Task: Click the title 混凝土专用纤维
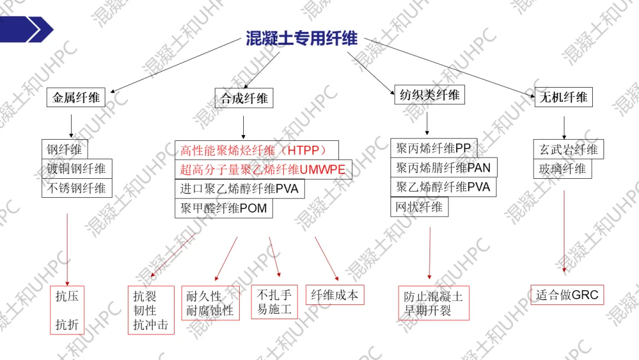pyautogui.click(x=302, y=38)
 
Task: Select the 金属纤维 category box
pyautogui.click(x=76, y=97)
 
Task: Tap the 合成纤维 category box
pyautogui.click(x=244, y=98)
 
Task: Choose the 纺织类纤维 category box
pyautogui.click(x=429, y=95)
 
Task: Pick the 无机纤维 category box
pyautogui.click(x=563, y=97)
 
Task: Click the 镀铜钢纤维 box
pyautogui.click(x=76, y=169)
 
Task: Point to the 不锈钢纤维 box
pyautogui.click(x=76, y=188)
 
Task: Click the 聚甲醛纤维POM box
pyautogui.click(x=224, y=208)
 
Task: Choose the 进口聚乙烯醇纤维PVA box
pyautogui.click(x=240, y=189)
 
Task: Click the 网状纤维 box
pyautogui.click(x=419, y=207)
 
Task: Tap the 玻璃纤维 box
pyautogui.click(x=562, y=169)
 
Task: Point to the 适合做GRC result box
pyautogui.click(x=567, y=295)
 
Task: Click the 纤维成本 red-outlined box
pyautogui.click(x=335, y=295)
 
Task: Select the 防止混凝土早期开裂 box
pyautogui.click(x=434, y=303)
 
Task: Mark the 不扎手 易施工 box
pyautogui.click(x=274, y=302)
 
